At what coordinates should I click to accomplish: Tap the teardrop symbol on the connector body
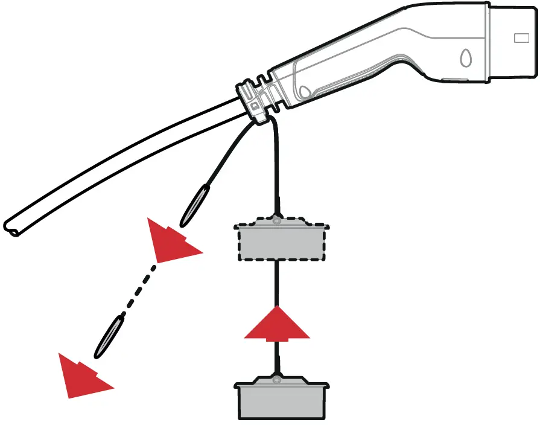point(466,59)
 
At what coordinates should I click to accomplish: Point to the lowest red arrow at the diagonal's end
point(81,376)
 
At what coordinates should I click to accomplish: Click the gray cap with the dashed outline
point(282,241)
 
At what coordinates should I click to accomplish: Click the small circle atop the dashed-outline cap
point(277,222)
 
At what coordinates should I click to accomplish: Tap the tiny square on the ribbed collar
point(254,107)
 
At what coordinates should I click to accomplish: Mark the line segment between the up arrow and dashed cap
point(277,284)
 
